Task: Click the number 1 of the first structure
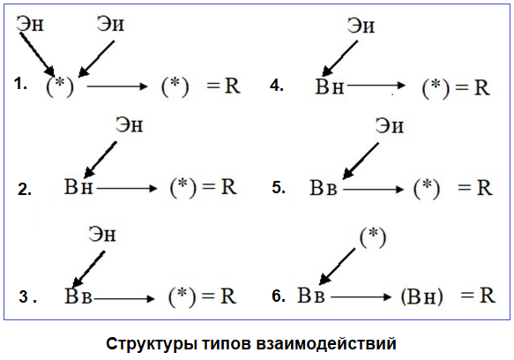[20, 84]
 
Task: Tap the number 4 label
[276, 86]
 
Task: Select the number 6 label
[279, 296]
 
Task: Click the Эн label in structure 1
[30, 24]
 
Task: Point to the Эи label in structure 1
[110, 24]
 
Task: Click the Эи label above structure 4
[361, 26]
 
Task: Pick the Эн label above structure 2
[129, 125]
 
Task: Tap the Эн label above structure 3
[102, 235]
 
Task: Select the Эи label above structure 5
[390, 125]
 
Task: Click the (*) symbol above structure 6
[373, 237]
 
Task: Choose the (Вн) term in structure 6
[422, 296]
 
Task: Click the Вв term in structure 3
[78, 296]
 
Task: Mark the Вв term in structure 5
[324, 188]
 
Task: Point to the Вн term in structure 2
[78, 187]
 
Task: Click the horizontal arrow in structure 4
[376, 86]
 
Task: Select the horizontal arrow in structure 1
[117, 86]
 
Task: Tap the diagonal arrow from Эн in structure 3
[88, 269]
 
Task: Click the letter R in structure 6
[488, 296]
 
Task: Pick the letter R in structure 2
[228, 187]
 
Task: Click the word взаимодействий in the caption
[326, 344]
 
